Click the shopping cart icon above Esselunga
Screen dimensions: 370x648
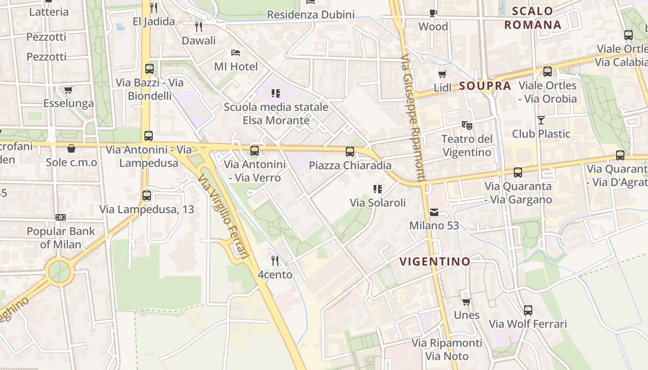(x=69, y=90)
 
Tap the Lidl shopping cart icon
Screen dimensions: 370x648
(x=442, y=74)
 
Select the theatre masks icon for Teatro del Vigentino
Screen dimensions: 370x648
(x=467, y=125)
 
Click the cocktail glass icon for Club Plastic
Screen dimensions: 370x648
(x=541, y=120)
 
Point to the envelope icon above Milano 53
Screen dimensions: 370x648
(x=434, y=212)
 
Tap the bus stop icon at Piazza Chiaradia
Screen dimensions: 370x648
(x=350, y=152)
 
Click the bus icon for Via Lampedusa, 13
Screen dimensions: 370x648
(x=147, y=196)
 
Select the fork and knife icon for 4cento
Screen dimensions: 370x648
(x=275, y=261)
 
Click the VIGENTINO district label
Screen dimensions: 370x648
(x=435, y=262)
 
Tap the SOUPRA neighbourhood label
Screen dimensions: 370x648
(x=485, y=86)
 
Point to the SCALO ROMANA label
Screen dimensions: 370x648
(x=533, y=18)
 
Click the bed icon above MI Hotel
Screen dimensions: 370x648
(x=236, y=53)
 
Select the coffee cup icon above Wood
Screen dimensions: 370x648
(x=433, y=13)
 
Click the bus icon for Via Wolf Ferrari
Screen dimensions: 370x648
(x=528, y=310)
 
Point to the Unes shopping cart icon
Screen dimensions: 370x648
(x=467, y=302)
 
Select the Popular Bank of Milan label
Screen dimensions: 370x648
(x=61, y=238)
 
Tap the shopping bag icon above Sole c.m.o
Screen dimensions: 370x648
(x=71, y=148)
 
